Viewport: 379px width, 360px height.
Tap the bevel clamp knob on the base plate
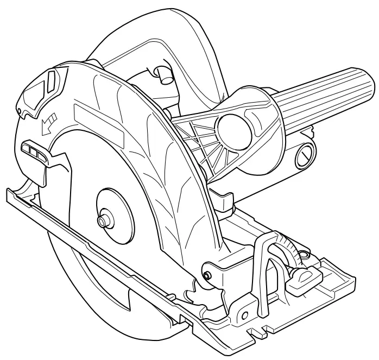coord(301,279)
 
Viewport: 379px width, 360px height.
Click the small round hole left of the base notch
coord(244,315)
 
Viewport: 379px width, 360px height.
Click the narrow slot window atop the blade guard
coord(52,81)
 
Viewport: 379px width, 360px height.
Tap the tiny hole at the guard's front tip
coord(20,112)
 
